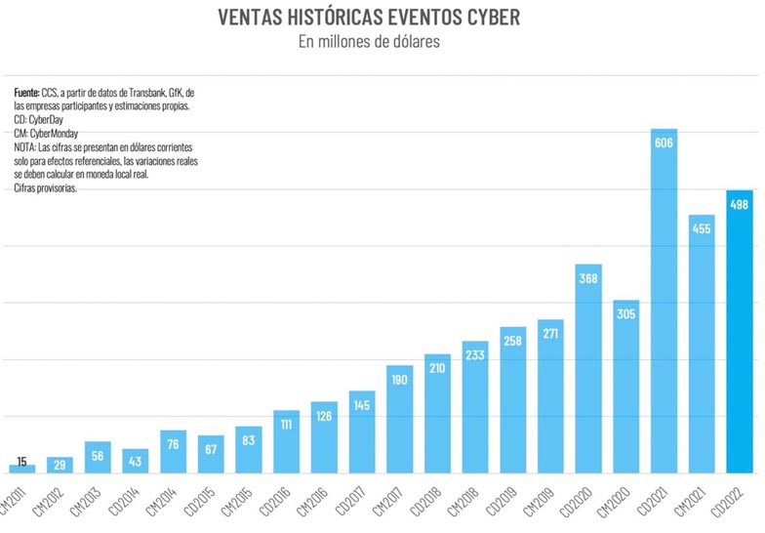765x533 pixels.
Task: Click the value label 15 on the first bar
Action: pyautogui.click(x=21, y=462)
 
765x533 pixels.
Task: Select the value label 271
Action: pyautogui.click(x=550, y=334)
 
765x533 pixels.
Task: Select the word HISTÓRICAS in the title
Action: pyautogui.click(x=328, y=19)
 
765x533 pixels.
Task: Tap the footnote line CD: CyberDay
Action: pyautogui.click(x=42, y=119)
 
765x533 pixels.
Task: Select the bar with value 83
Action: pyautogui.click(x=248, y=450)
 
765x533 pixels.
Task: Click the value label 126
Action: pyautogui.click(x=323, y=415)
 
